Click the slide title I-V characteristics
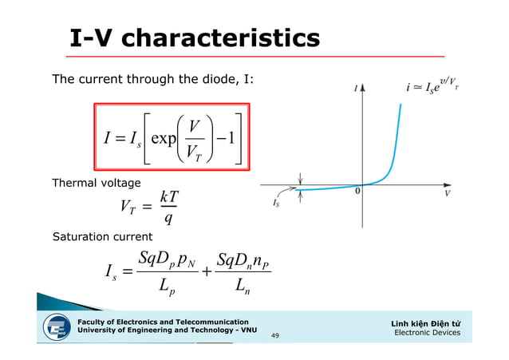point(195,38)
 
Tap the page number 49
point(275,336)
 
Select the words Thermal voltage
point(96,184)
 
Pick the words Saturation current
point(101,238)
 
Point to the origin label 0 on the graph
point(358,191)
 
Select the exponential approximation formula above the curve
point(432,85)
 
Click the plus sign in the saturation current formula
point(207,272)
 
